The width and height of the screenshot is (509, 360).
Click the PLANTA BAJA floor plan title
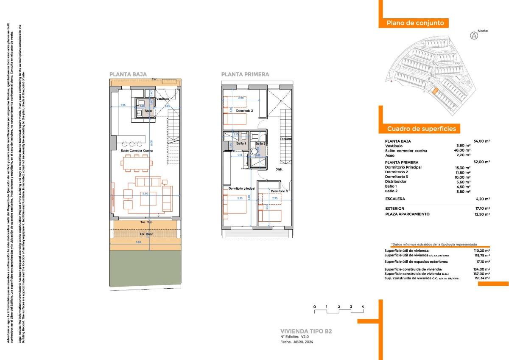[x=128, y=74]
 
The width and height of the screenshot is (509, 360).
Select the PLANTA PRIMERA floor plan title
[x=245, y=74]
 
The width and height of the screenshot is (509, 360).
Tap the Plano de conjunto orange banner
[x=415, y=23]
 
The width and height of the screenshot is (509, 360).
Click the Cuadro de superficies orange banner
[x=421, y=129]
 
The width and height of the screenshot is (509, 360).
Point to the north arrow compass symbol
[x=473, y=36]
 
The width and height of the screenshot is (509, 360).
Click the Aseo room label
[x=148, y=111]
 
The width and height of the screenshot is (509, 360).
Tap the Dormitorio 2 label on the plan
[x=244, y=111]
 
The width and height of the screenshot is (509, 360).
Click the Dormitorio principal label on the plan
[x=241, y=188]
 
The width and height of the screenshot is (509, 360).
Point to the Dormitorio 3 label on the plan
[x=280, y=191]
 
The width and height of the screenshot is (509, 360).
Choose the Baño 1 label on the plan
[x=241, y=143]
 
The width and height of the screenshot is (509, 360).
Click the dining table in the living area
[x=137, y=163]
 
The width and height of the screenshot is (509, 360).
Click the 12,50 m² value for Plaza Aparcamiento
[x=482, y=214]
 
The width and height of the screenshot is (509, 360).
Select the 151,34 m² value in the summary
[x=482, y=278]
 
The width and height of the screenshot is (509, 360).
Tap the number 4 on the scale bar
[x=363, y=307]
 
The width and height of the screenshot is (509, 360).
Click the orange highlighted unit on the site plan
[x=435, y=91]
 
